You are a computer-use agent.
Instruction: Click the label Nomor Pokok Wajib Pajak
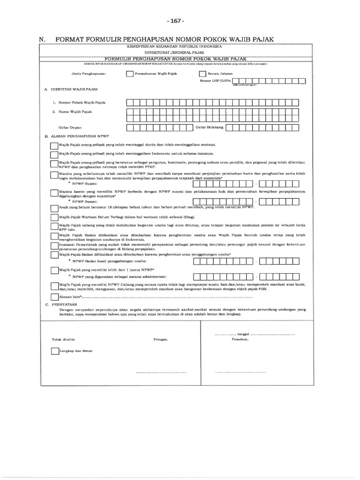pos(75,102)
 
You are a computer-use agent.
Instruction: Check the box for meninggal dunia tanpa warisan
pos(54,146)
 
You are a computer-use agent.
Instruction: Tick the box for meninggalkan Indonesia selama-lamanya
pos(54,154)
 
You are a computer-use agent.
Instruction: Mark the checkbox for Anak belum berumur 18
pos(54,208)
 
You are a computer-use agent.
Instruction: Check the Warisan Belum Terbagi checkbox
pos(54,217)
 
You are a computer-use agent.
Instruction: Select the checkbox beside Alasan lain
pos(54,297)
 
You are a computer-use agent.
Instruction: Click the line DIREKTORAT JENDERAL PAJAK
pos(174,52)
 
